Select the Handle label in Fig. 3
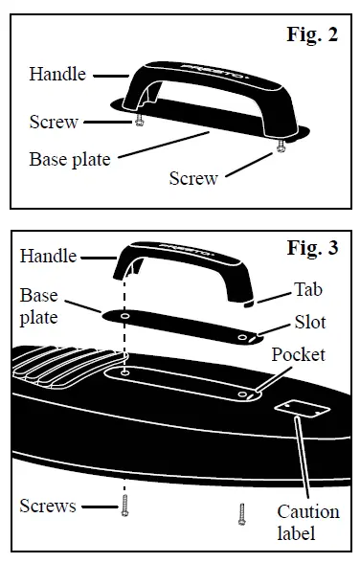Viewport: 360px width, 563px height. click(49, 257)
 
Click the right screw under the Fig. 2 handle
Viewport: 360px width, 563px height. click(281, 146)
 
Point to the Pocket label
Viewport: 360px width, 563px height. click(298, 355)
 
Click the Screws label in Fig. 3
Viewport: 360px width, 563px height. click(49, 506)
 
